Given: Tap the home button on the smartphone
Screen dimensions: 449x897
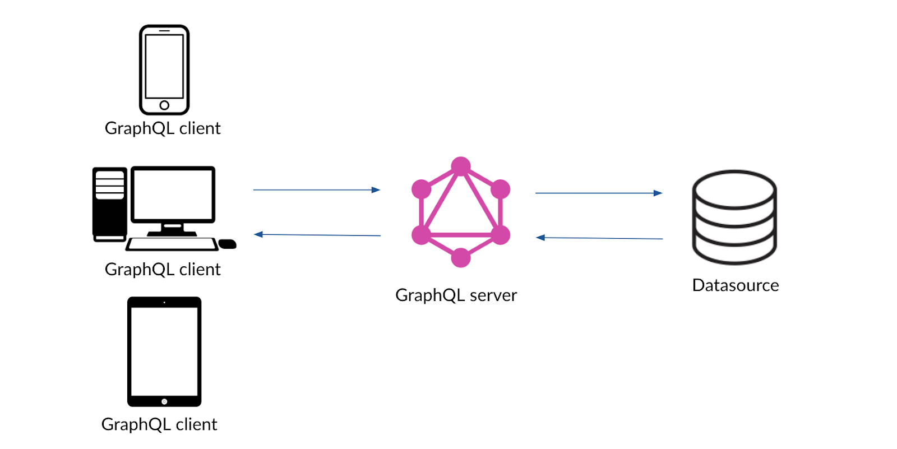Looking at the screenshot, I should pyautogui.click(x=164, y=105).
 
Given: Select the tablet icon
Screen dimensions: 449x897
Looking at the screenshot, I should pyautogui.click(x=164, y=351).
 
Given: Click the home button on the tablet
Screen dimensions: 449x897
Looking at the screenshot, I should pyautogui.click(x=164, y=401).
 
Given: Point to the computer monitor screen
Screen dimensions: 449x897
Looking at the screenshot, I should pyautogui.click(x=173, y=194).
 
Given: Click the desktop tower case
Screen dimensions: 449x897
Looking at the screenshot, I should pyautogui.click(x=110, y=204).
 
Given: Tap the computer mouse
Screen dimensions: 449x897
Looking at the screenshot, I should pyautogui.click(x=227, y=244).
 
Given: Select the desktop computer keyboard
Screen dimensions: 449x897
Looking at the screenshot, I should pyautogui.click(x=172, y=244).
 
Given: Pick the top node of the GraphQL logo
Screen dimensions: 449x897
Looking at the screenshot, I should pyautogui.click(x=461, y=166).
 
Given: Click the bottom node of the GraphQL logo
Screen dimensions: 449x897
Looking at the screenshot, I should pyautogui.click(x=461, y=257).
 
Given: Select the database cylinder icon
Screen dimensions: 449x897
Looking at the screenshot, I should pyautogui.click(x=734, y=217).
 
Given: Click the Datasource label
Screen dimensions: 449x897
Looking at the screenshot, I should pyautogui.click(x=736, y=285).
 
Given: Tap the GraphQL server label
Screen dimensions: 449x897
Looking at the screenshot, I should pyautogui.click(x=456, y=295).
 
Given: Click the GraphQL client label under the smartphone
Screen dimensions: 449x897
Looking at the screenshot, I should pyautogui.click(x=163, y=128).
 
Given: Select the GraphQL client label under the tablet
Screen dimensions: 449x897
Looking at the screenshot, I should pyautogui.click(x=159, y=424).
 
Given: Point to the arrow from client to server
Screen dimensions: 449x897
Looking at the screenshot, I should pyautogui.click(x=317, y=190).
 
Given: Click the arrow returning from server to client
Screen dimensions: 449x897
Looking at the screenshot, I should pyautogui.click(x=317, y=235).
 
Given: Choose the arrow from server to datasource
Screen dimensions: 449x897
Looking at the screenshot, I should pyautogui.click(x=599, y=193).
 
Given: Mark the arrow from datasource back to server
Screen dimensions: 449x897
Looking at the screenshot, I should pyautogui.click(x=599, y=238).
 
